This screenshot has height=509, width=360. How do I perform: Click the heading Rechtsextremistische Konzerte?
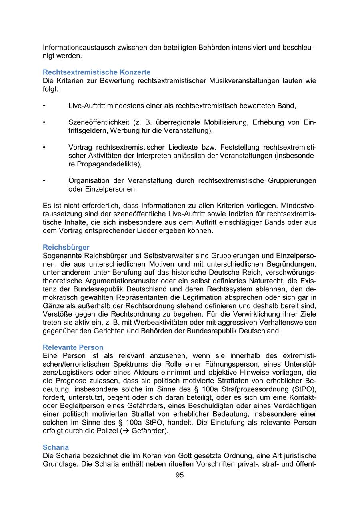point(96,72)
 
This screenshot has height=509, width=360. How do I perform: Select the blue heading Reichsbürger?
point(66,247)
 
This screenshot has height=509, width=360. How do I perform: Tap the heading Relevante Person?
point(73,347)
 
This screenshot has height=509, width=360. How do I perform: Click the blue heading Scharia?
point(56,447)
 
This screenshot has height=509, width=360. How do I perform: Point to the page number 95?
point(180,475)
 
